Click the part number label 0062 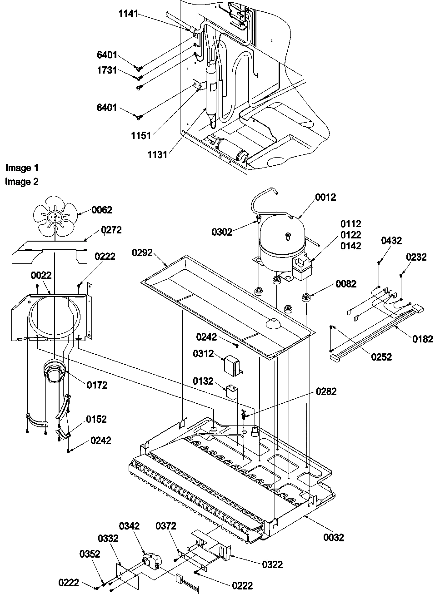coord(101,210)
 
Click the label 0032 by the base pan coord(334,538)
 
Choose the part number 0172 coord(97,385)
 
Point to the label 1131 coord(157,155)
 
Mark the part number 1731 coord(107,70)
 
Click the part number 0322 coord(272,564)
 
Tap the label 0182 coord(423,339)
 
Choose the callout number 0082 coord(346,284)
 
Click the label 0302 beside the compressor coord(222,232)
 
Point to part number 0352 coord(90,554)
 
